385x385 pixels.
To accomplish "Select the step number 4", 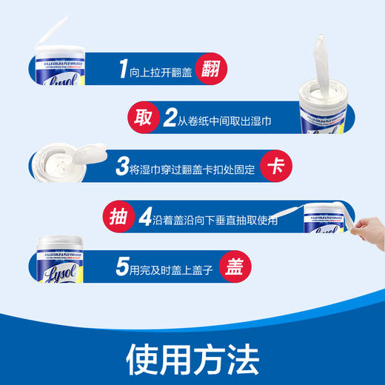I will tap(145, 218).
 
